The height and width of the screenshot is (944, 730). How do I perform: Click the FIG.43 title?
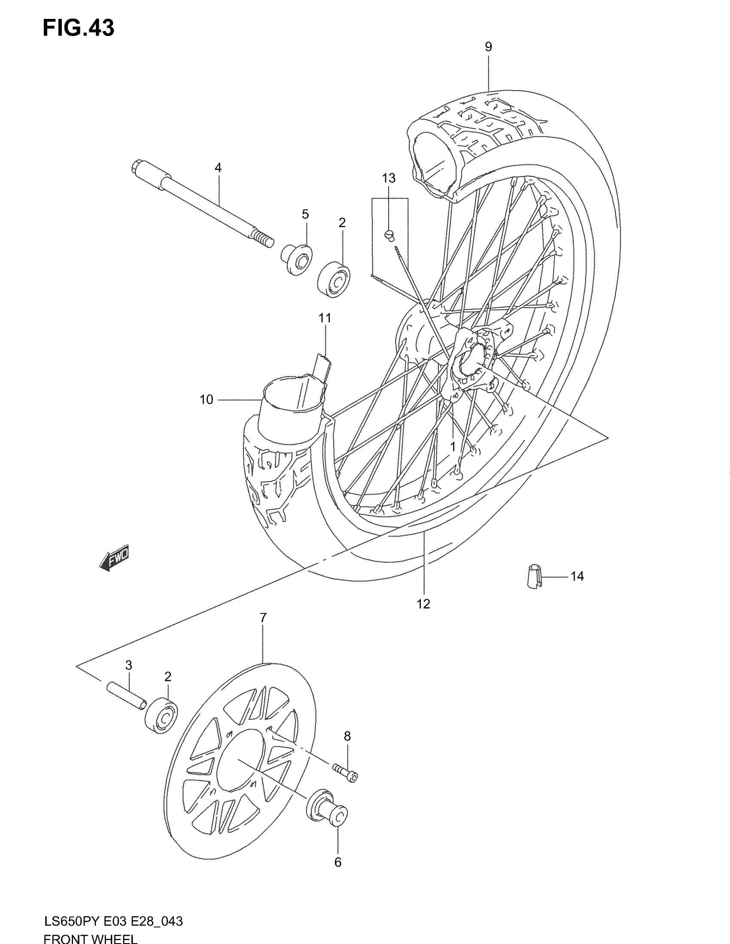pyautogui.click(x=78, y=28)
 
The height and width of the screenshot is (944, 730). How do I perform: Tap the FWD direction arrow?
pyautogui.click(x=115, y=558)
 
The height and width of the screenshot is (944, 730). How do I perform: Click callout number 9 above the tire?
pyautogui.click(x=488, y=47)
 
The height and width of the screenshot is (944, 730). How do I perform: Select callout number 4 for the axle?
pyautogui.click(x=218, y=168)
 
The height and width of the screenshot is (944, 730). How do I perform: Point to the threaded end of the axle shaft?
pyautogui.click(x=263, y=239)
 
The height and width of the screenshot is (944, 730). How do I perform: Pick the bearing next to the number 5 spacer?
pyautogui.click(x=334, y=279)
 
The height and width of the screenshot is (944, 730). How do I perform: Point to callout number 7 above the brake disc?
pyautogui.click(x=263, y=618)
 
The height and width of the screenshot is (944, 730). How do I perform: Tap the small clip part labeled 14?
pyautogui.click(x=535, y=576)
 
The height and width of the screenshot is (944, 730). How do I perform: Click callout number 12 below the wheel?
pyautogui.click(x=423, y=604)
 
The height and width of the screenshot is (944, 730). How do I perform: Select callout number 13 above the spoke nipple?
pyautogui.click(x=389, y=178)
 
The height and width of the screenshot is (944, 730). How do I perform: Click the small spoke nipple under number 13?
pyautogui.click(x=389, y=235)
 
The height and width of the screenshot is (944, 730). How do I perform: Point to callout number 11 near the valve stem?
pyautogui.click(x=325, y=318)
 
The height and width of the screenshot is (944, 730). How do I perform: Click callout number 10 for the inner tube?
pyautogui.click(x=206, y=400)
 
